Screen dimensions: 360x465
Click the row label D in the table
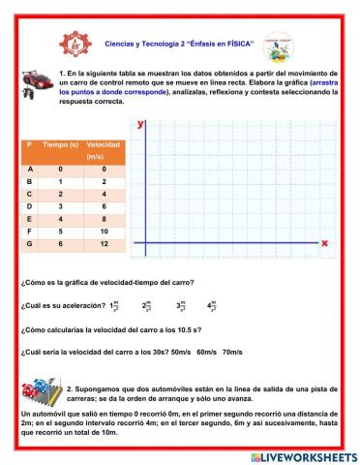(31, 206)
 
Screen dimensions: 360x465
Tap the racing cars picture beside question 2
(35, 392)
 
